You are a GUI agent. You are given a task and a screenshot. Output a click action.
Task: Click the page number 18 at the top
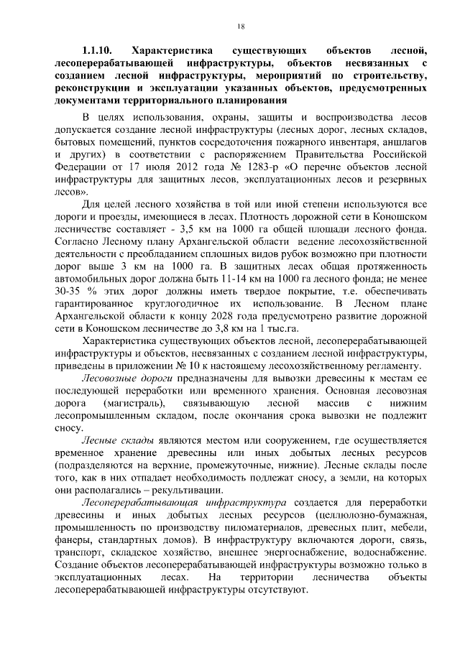coord(240,26)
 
